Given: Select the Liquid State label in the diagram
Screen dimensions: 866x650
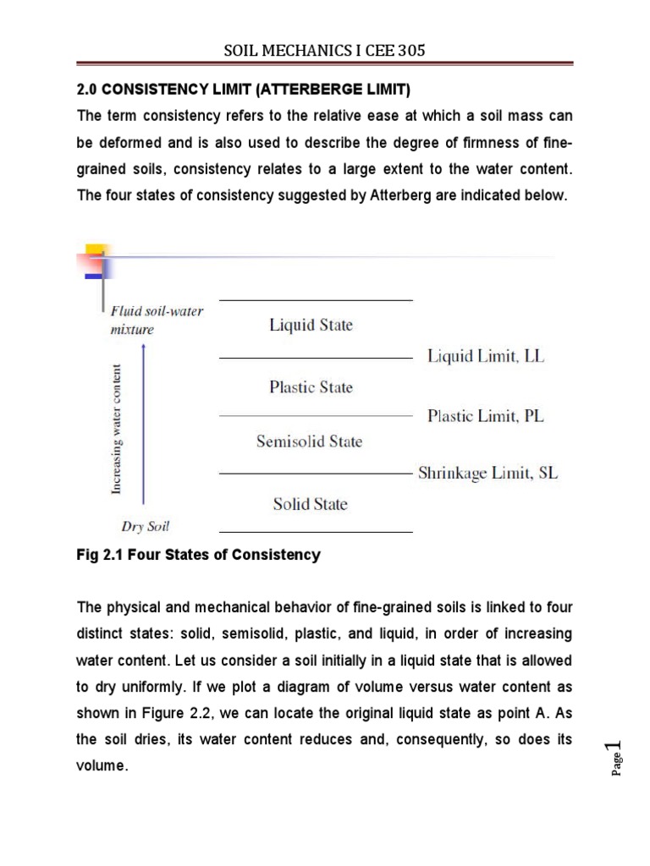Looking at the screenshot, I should coord(311,325).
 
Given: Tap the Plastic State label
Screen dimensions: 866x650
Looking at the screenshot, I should coord(311,387).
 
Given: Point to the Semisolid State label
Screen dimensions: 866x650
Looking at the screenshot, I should coord(309,441).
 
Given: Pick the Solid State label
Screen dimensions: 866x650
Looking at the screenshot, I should coord(310,504).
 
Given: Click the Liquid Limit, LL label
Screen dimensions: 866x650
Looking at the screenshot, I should coord(486,357).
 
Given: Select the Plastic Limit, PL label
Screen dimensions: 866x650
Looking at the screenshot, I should coord(486,415).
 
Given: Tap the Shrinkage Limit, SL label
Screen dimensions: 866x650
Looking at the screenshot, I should coord(488,474).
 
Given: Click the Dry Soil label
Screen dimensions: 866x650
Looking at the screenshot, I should coord(145,526).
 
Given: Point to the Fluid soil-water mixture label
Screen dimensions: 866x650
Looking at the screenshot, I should coord(157,320).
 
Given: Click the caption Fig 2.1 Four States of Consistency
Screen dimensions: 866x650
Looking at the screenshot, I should coord(199,555).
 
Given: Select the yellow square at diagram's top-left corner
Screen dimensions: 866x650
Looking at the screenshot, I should coord(94,251).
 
